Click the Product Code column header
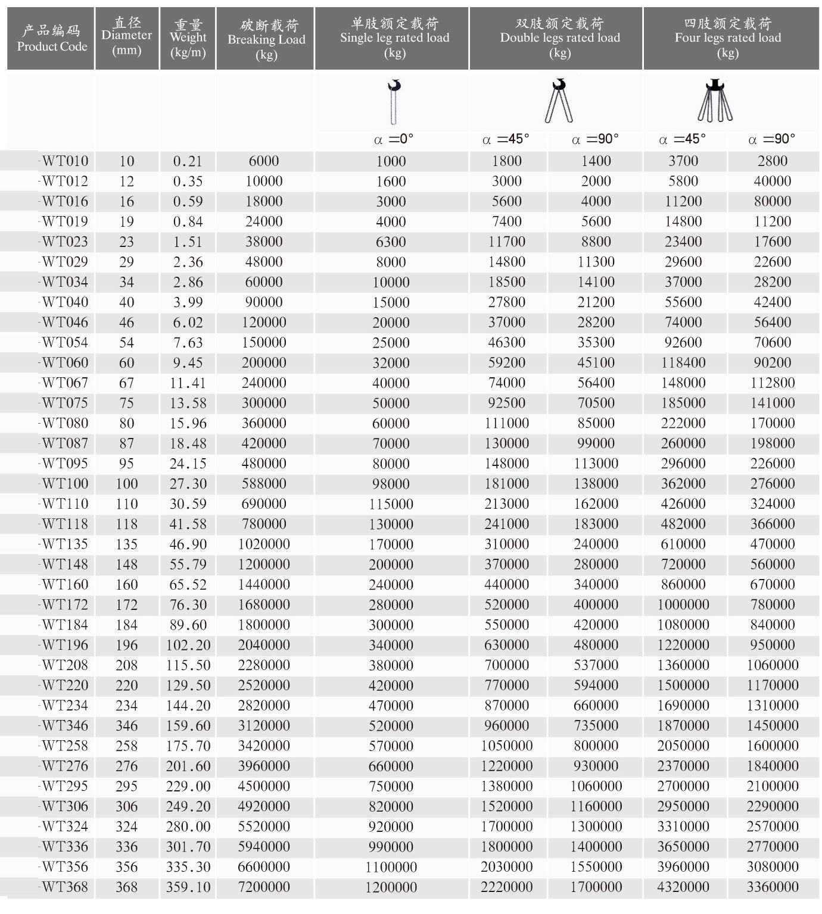pyautogui.click(x=51, y=38)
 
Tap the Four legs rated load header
pyautogui.click(x=727, y=38)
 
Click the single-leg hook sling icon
pyautogui.click(x=394, y=101)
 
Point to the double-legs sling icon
pyautogui.click(x=559, y=101)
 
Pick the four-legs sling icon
pyautogui.click(x=715, y=101)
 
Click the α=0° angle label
pyautogui.click(x=393, y=139)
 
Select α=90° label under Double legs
pyautogui.click(x=595, y=139)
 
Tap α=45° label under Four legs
pyautogui.click(x=683, y=139)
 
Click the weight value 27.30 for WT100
pyautogui.click(x=188, y=484)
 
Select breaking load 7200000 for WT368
pyautogui.click(x=264, y=887)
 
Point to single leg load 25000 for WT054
pyautogui.click(x=391, y=343)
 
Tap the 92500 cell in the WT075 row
pyautogui.click(x=506, y=403)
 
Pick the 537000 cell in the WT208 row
pyautogui.click(x=596, y=665)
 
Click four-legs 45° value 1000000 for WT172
pyautogui.click(x=683, y=605)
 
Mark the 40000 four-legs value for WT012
pyautogui.click(x=773, y=181)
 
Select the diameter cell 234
pyautogui.click(x=126, y=706)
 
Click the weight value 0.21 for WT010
pyautogui.click(x=188, y=161)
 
